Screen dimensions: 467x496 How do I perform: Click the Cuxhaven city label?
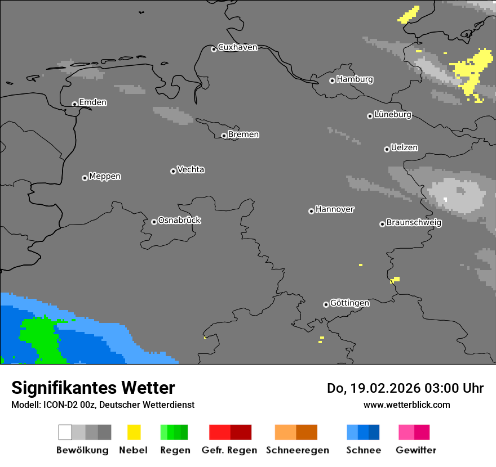click(x=237, y=47)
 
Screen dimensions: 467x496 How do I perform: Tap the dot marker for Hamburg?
click(x=332, y=80)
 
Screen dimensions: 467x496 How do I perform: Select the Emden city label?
click(x=92, y=102)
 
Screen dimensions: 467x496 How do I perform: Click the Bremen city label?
click(x=243, y=134)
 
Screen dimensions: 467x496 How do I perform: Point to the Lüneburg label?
click(x=392, y=114)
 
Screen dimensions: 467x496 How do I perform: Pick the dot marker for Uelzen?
click(x=387, y=149)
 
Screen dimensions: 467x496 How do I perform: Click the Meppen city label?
click(x=105, y=176)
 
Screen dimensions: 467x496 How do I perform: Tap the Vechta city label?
click(x=191, y=169)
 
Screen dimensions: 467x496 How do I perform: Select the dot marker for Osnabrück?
click(x=154, y=222)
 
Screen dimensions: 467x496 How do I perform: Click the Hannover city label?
click(x=334, y=209)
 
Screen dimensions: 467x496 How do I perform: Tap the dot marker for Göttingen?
click(x=326, y=304)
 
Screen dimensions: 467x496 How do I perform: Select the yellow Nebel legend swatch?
click(x=134, y=432)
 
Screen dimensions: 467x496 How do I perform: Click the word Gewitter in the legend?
click(x=415, y=450)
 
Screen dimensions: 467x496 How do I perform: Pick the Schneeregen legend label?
click(x=298, y=450)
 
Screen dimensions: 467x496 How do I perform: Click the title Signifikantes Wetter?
click(x=93, y=388)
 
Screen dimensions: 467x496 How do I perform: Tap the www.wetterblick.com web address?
click(x=406, y=405)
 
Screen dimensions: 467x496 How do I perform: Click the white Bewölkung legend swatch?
click(x=65, y=432)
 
